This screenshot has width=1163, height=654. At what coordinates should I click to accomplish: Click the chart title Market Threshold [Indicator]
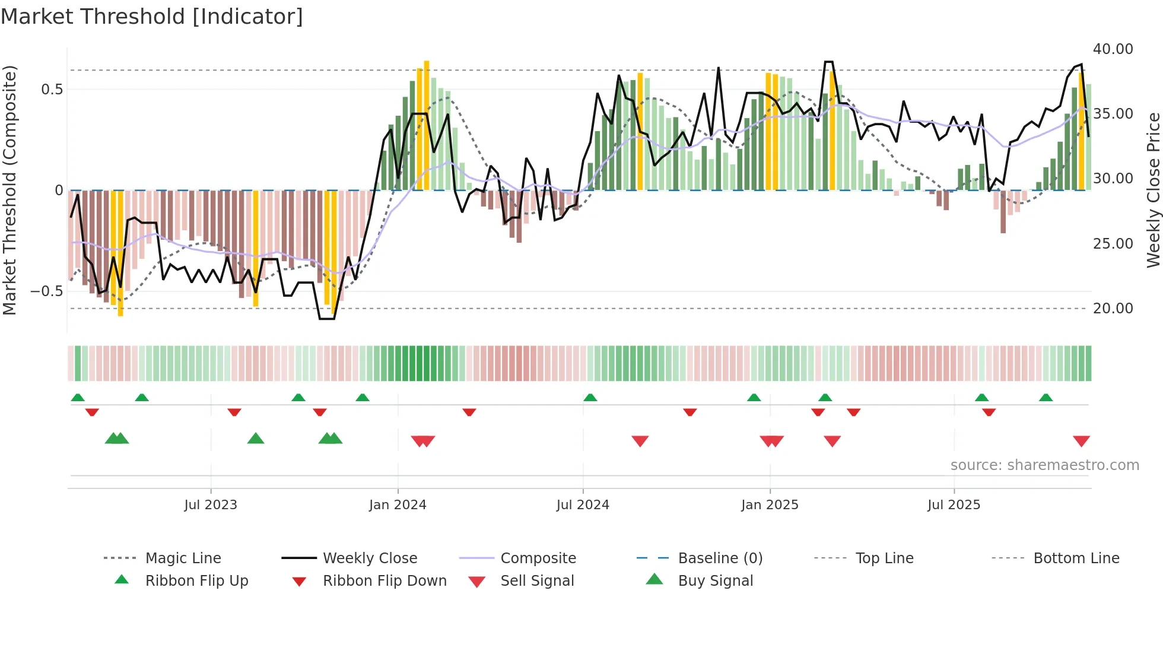152,17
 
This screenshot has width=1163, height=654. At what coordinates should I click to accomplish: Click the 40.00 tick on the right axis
1113,49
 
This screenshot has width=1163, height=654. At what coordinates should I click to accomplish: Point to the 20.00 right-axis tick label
1113,309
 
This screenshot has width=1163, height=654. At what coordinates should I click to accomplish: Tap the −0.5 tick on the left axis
47,291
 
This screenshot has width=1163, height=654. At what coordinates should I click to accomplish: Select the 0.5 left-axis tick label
52,90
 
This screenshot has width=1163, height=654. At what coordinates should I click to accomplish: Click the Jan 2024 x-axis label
398,505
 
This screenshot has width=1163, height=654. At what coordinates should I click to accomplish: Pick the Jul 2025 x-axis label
954,505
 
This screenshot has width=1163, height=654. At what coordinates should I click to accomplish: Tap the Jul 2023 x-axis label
211,505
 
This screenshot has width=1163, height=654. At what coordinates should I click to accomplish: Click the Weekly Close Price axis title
1153,190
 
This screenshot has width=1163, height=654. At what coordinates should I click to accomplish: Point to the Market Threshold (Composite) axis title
9,190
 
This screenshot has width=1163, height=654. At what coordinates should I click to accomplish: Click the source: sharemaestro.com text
1044,465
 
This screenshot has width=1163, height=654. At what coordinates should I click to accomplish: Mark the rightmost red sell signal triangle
1081,441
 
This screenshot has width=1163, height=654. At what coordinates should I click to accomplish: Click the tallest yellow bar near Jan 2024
426,125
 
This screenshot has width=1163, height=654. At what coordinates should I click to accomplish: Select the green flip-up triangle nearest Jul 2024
590,398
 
